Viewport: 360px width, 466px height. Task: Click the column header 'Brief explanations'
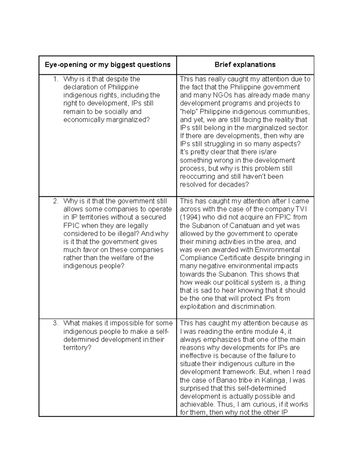245,65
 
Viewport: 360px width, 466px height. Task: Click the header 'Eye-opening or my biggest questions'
107,65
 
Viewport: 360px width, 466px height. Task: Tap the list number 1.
55,79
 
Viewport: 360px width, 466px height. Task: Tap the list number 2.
55,201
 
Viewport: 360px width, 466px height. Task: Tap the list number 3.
55,323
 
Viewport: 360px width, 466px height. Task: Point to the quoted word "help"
189,112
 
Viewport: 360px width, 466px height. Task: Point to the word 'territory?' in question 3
77,348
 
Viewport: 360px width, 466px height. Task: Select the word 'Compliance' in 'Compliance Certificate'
198,258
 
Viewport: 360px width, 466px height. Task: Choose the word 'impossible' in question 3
125,323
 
